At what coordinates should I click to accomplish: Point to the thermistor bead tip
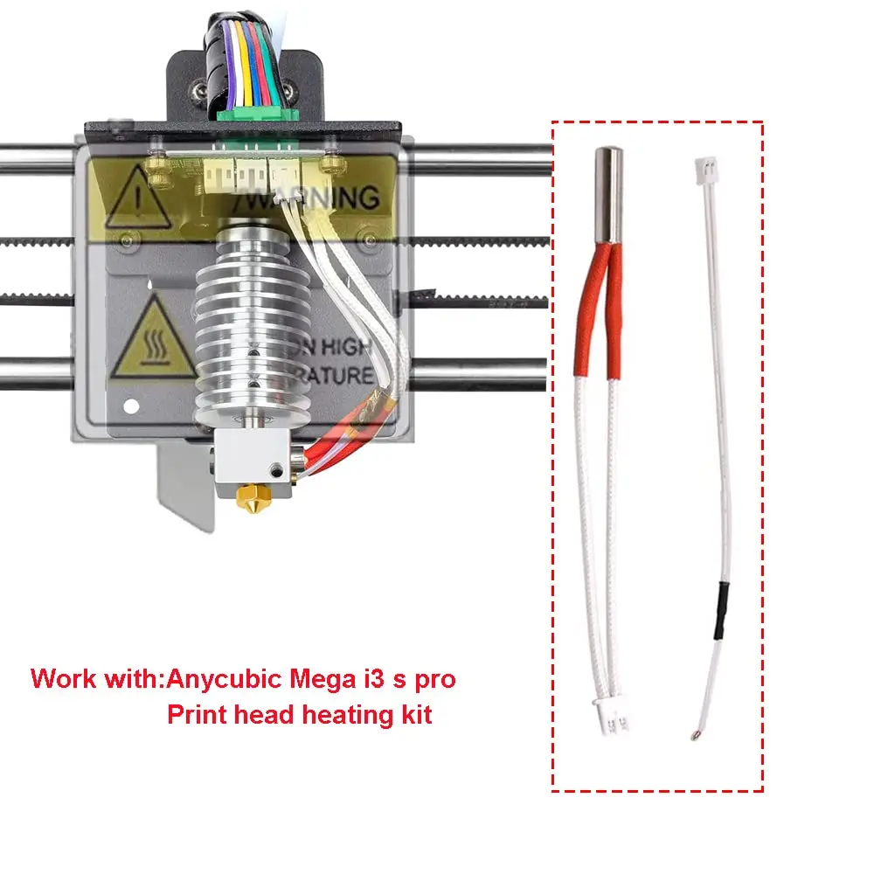click(694, 733)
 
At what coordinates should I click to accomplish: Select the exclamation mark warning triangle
click(135, 198)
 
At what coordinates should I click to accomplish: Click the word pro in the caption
click(434, 679)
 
